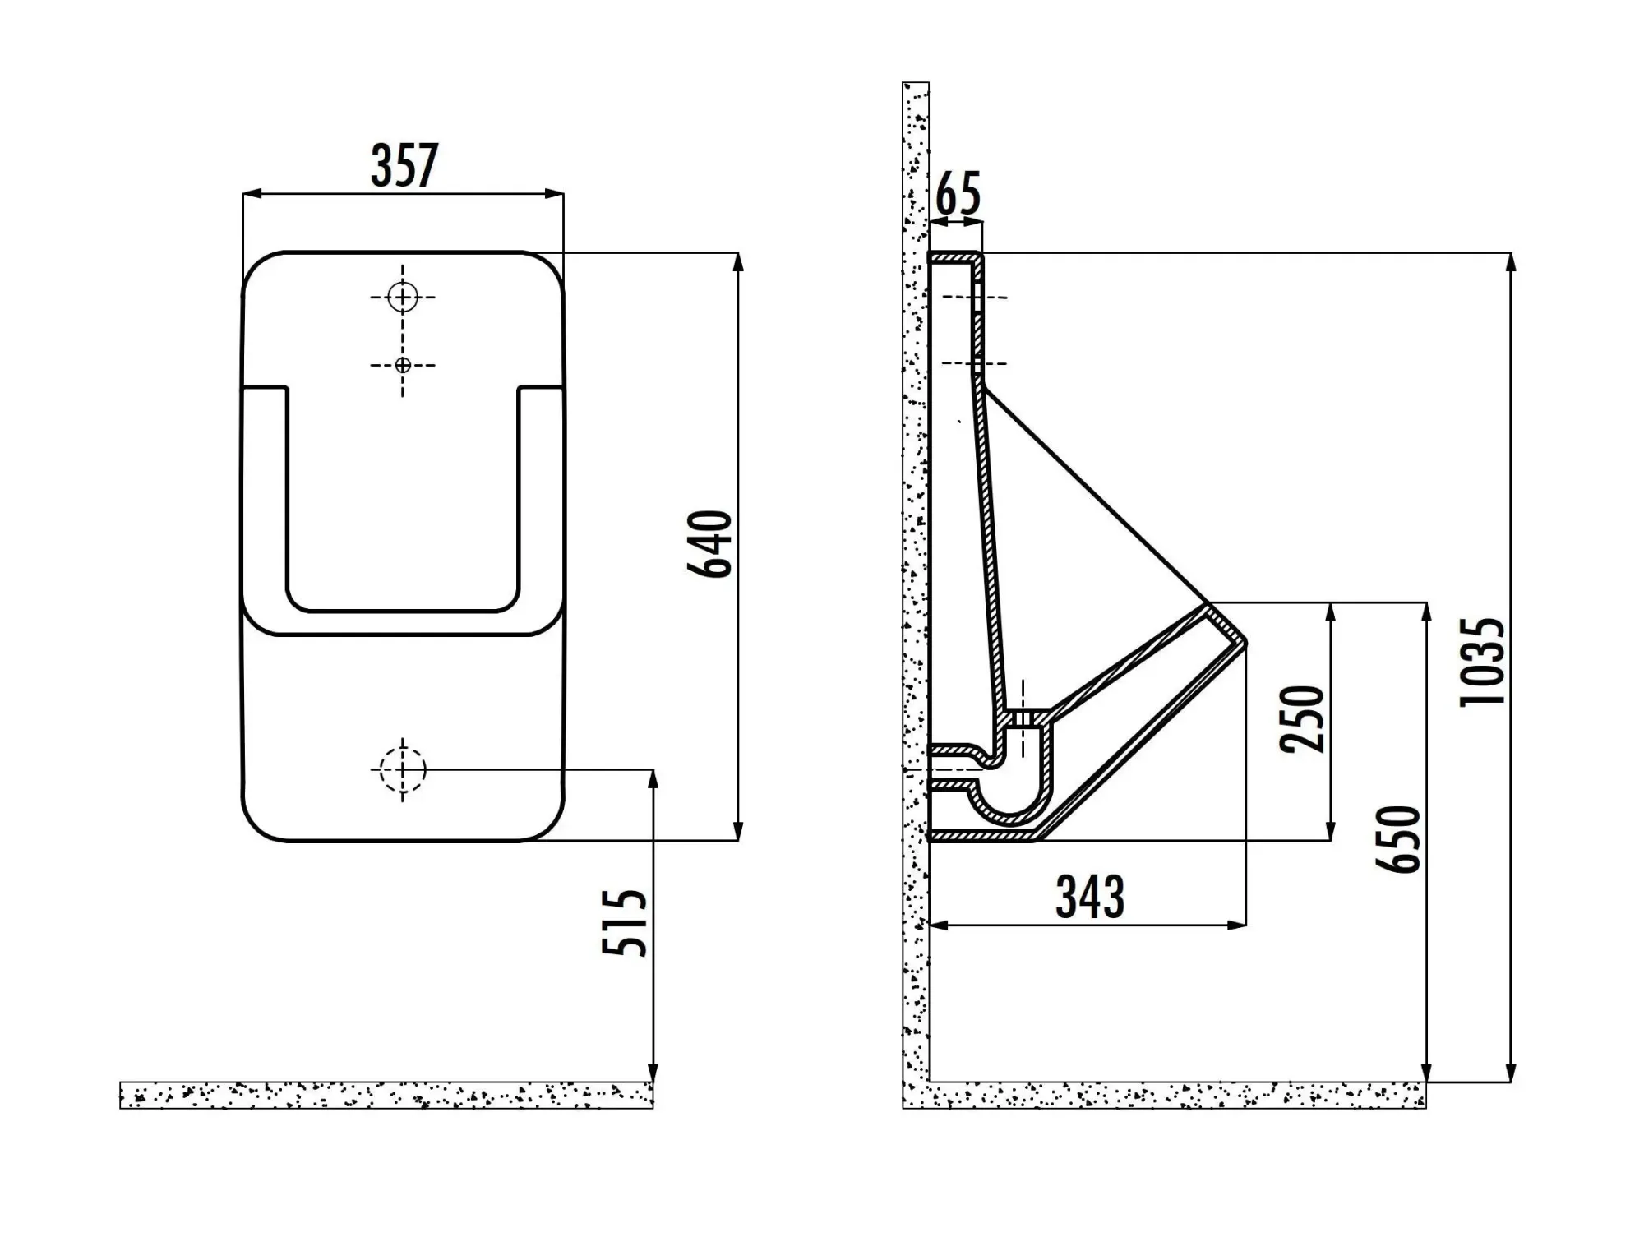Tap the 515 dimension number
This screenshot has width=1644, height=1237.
[x=625, y=921]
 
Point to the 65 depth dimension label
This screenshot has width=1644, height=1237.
[x=958, y=194]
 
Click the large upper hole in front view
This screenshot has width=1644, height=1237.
[x=403, y=297]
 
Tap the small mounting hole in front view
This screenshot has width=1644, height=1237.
[x=403, y=365]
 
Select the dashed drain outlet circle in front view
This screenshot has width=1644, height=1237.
[x=403, y=769]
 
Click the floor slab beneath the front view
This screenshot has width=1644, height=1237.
[x=386, y=1095]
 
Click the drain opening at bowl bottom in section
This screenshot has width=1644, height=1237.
[x=1023, y=718]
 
